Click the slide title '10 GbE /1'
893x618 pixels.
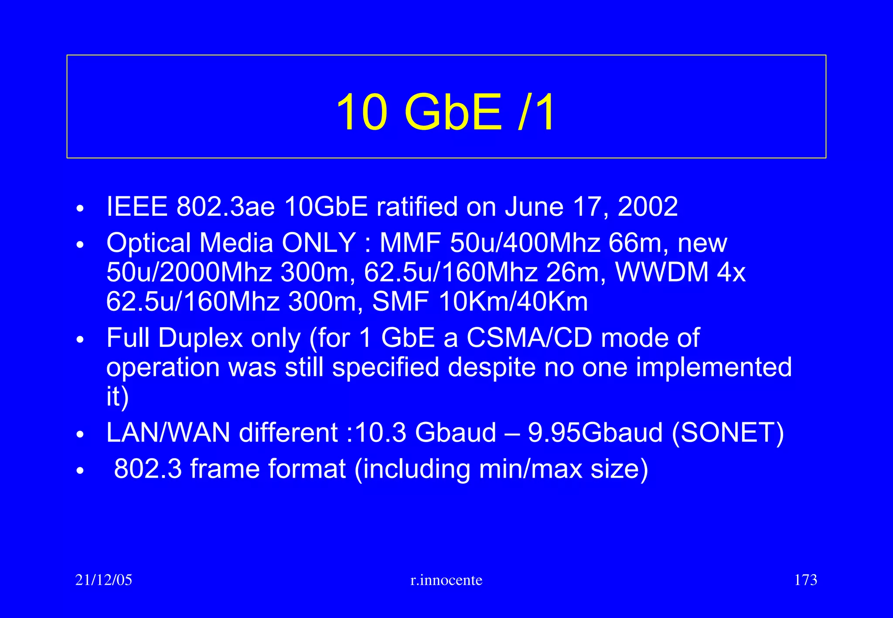pos(446,112)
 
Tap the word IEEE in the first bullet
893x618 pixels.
pos(137,207)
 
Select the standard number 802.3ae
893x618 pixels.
pos(225,207)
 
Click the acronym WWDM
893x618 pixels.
pos(661,272)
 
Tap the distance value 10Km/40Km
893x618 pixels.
pos(513,302)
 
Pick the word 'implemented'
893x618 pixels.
pos(713,367)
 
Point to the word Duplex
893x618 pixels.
pos(200,338)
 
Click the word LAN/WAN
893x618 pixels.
pos(168,433)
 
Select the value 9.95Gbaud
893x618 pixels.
pos(595,433)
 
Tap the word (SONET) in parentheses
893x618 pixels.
pos(728,433)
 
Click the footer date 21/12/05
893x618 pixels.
pos(104,580)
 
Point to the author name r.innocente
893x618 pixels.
pos(446,580)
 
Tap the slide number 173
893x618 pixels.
pos(805,580)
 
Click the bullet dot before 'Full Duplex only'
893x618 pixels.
pos(79,340)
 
